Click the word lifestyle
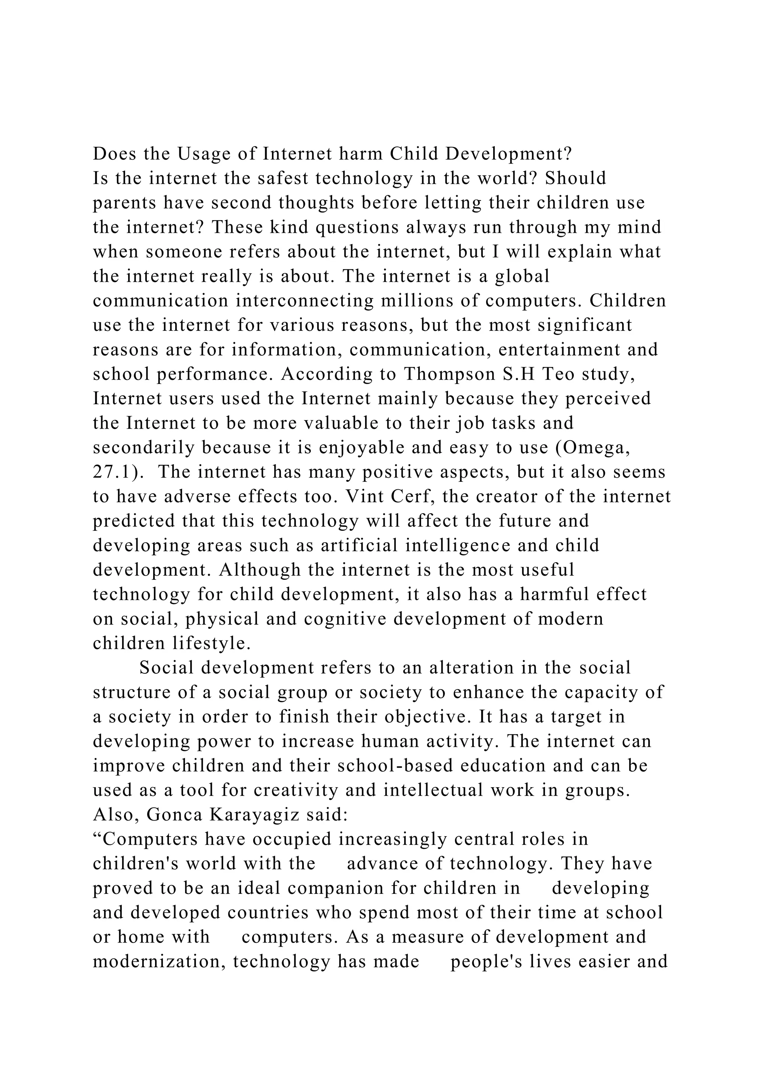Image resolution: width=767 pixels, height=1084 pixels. click(x=212, y=643)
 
